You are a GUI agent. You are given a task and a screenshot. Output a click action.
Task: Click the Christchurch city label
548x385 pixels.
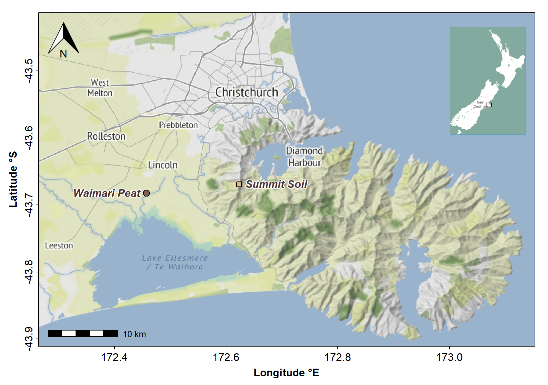click(x=246, y=92)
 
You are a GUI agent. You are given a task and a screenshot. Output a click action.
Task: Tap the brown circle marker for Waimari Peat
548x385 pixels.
click(x=146, y=193)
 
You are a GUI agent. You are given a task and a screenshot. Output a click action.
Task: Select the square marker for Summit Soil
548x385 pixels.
click(x=239, y=184)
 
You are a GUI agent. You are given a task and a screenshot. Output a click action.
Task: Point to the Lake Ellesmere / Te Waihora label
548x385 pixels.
click(x=175, y=262)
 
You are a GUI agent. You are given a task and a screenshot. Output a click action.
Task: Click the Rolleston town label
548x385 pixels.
click(x=106, y=136)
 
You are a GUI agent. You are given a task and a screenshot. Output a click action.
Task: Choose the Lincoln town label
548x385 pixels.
click(x=163, y=165)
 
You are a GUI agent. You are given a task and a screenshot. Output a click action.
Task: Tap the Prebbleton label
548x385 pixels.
click(x=178, y=125)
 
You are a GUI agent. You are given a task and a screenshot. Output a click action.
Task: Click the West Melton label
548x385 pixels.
click(x=100, y=88)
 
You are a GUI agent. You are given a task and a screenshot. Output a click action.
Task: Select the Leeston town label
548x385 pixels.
click(x=59, y=246)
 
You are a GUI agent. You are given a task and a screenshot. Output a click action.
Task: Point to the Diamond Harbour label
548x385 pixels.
click(x=304, y=157)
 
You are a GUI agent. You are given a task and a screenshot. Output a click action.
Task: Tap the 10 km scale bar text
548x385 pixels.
click(x=134, y=334)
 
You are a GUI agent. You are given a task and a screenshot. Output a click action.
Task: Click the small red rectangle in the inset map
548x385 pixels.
click(x=489, y=105)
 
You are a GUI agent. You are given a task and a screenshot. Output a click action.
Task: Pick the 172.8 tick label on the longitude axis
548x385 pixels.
click(x=338, y=357)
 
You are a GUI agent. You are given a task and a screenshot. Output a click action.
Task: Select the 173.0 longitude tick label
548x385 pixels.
click(x=449, y=357)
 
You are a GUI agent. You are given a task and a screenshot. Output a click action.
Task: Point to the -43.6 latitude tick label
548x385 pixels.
click(x=29, y=138)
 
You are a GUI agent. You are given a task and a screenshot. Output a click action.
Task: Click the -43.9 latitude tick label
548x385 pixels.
click(x=29, y=339)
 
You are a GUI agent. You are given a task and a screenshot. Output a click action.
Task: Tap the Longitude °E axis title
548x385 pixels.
click(x=286, y=373)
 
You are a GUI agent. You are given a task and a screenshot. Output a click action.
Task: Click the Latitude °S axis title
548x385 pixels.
click(x=13, y=179)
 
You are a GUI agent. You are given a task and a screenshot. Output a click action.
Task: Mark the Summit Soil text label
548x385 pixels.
click(x=277, y=184)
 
